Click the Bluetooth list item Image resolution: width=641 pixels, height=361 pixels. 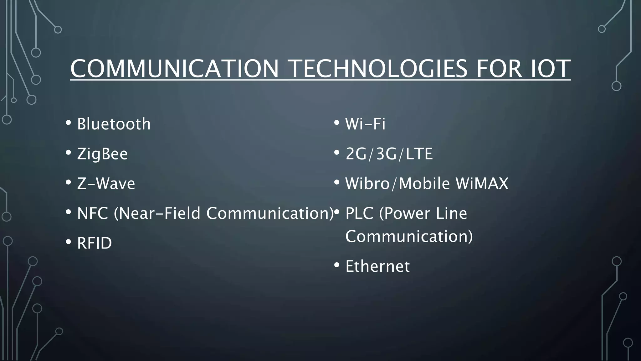(x=114, y=124)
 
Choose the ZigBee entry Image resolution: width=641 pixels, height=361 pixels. (x=102, y=154)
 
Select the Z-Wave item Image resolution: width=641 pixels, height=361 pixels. (x=106, y=184)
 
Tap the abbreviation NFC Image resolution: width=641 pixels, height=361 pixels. (x=92, y=213)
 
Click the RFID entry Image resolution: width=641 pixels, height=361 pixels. (x=94, y=243)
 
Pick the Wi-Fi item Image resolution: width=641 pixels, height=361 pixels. (x=365, y=124)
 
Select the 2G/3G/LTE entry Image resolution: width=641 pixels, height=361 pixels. (x=389, y=154)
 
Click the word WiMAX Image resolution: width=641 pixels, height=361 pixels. (x=482, y=184)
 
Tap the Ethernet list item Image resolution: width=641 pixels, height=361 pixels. (x=377, y=266)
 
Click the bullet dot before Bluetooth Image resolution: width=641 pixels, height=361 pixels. (x=69, y=123)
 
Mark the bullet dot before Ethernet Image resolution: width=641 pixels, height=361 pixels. (x=337, y=265)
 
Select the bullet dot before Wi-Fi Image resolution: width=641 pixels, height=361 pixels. (x=337, y=123)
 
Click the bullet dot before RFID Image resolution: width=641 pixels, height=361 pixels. (x=69, y=242)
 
